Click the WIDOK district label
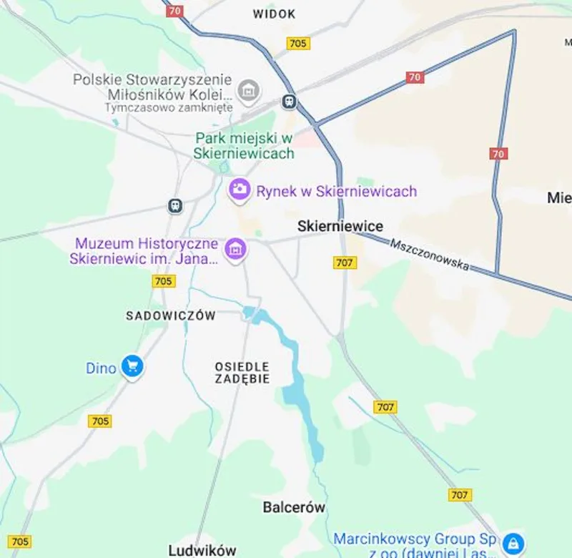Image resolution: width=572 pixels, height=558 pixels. (274, 14)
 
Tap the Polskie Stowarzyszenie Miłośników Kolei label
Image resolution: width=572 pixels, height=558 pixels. (153, 87)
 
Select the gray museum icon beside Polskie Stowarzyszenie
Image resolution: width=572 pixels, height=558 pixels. (249, 91)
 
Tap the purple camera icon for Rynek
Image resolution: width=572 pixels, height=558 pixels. (239, 190)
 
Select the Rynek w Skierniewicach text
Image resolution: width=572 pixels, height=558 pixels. (336, 191)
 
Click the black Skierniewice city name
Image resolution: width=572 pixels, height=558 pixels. (340, 226)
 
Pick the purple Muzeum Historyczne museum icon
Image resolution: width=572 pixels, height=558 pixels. (235, 250)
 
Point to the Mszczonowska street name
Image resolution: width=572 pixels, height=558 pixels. (430, 255)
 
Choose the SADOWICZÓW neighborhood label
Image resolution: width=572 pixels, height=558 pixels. (170, 315)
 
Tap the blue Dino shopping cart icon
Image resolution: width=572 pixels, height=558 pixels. (132, 367)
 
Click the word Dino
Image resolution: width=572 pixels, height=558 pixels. (101, 368)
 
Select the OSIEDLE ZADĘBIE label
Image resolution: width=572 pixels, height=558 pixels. (242, 373)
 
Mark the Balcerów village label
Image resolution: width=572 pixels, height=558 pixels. (294, 507)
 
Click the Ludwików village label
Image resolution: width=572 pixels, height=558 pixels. (202, 550)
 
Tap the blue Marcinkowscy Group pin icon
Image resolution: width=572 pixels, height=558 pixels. (513, 542)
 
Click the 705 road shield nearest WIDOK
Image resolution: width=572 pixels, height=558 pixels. (298, 44)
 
